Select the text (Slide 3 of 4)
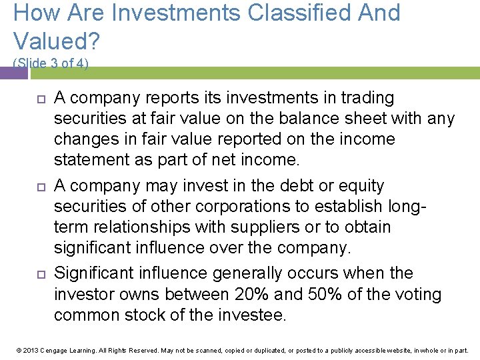[x=51, y=63]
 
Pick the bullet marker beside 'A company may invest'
[x=39, y=187]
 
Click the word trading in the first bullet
[x=368, y=98]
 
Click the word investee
[x=253, y=315]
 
